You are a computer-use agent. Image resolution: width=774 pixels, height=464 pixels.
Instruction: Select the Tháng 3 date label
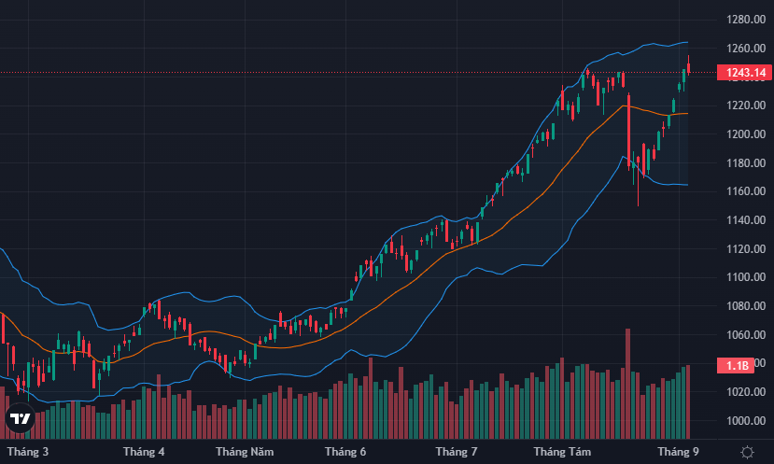tap(28, 452)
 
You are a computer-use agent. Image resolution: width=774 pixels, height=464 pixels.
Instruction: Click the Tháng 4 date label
tap(144, 452)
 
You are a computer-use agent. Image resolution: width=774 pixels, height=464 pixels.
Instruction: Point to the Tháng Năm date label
tap(245, 452)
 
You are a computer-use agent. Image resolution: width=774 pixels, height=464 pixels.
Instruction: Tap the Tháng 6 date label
tap(345, 452)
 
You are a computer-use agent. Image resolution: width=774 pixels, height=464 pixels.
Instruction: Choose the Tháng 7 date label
tap(457, 452)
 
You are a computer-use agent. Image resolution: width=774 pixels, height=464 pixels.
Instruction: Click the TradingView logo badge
tap(20, 420)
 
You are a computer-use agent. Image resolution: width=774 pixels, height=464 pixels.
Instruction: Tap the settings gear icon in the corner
tap(747, 452)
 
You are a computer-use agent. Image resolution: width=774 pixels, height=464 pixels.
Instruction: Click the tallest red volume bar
tap(628, 383)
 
